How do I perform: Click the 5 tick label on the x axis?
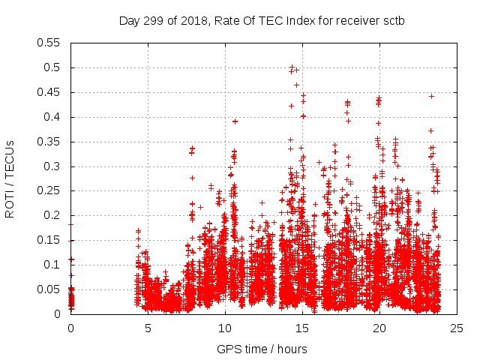148,328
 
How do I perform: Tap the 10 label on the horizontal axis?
225,328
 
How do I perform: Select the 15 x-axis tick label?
302,328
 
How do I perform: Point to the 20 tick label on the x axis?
379,328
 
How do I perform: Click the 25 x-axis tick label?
457,328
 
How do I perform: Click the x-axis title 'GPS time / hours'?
262,349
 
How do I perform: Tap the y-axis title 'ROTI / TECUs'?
10,178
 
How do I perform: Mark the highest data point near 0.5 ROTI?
292,67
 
